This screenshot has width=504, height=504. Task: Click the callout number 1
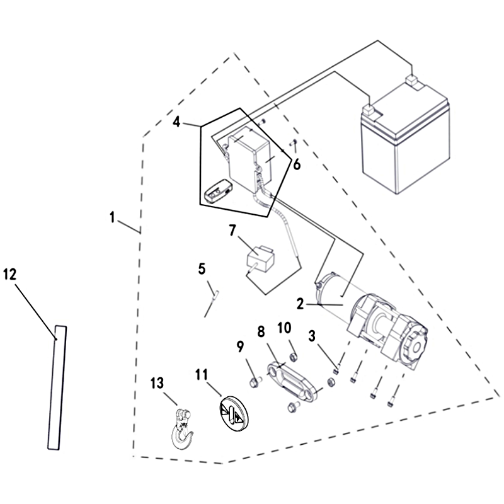click(112, 218)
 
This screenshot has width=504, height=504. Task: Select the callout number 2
click(301, 304)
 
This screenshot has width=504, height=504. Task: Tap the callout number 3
click(312, 335)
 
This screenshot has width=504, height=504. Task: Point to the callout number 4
click(178, 122)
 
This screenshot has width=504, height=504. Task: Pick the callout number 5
click(202, 269)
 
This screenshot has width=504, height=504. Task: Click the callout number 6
click(296, 164)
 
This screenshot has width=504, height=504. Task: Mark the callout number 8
click(261, 331)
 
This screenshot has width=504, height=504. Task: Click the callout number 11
click(201, 375)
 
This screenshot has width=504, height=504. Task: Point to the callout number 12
click(10, 274)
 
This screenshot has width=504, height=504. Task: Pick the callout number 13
click(157, 383)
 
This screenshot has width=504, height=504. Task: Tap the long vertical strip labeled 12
click(57, 387)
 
